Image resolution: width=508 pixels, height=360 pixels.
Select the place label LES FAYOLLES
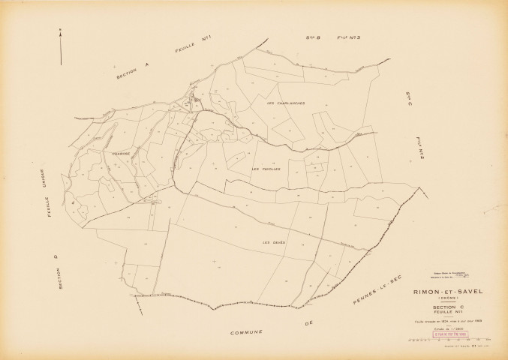point(266,169)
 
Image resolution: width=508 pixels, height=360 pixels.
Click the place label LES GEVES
point(270,242)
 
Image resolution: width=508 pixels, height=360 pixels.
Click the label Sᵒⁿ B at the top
point(314,36)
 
